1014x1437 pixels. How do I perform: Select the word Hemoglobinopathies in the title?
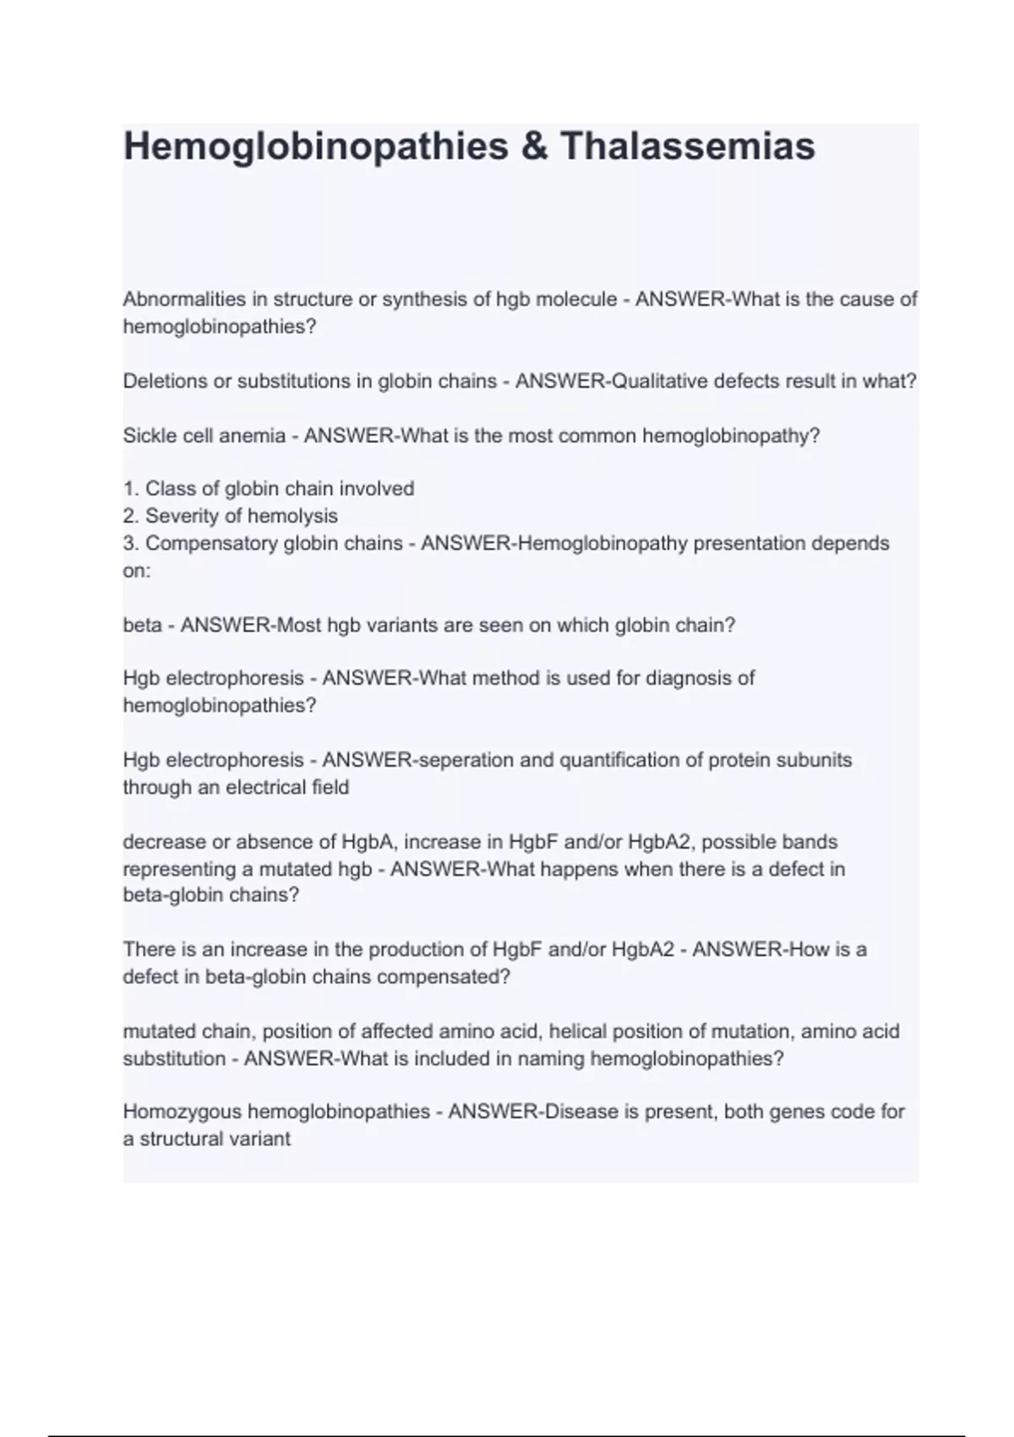tap(315, 146)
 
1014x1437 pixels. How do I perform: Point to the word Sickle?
tap(148, 436)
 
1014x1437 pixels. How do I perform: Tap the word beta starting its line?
tap(142, 626)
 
